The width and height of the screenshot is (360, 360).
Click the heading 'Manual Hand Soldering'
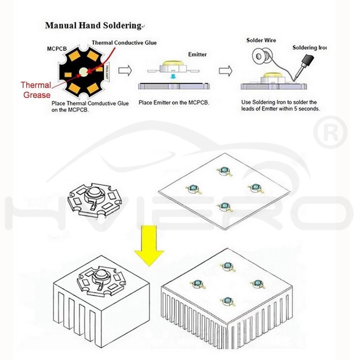(x=93, y=26)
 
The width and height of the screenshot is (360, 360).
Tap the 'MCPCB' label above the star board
(x=57, y=49)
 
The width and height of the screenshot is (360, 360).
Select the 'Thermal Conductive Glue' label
(x=124, y=43)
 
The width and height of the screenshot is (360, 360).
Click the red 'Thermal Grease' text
(x=36, y=90)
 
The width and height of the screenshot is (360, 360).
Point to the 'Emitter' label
(x=197, y=54)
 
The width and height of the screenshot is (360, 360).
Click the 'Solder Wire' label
(x=261, y=40)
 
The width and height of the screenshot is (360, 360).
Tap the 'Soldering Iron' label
(x=309, y=48)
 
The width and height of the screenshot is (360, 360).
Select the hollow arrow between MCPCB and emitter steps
(x=125, y=70)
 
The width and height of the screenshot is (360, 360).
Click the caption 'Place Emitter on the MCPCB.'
(x=174, y=103)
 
